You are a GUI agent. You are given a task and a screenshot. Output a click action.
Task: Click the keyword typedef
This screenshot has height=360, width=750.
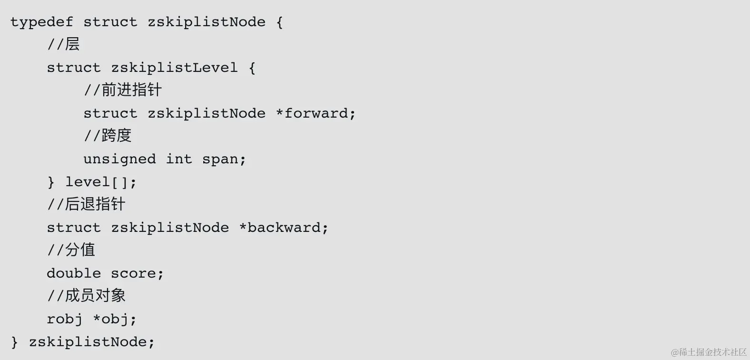[42, 22]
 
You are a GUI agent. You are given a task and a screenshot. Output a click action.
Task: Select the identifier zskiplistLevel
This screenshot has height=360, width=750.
[174, 68]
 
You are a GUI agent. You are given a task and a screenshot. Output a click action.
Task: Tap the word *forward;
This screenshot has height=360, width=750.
[316, 114]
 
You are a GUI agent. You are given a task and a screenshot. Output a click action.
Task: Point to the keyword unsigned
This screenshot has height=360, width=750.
[119, 160]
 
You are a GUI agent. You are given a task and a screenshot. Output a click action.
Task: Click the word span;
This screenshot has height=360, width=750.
[224, 160]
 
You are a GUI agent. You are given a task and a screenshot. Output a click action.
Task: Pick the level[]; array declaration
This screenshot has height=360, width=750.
[101, 182]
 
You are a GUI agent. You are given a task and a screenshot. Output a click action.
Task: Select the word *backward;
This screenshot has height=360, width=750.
[284, 228]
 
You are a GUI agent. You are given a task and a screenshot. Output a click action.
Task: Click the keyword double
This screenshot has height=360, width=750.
[74, 274]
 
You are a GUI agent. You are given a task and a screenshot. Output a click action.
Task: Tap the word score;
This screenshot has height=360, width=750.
[138, 274]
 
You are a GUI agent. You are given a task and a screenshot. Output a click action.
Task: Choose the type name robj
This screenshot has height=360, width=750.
[65, 320]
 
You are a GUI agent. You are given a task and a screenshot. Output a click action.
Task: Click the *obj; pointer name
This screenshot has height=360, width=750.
[115, 320]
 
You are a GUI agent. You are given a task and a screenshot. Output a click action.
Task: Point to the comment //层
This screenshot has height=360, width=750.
[64, 45]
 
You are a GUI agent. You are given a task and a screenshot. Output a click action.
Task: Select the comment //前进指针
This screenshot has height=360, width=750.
[123, 90]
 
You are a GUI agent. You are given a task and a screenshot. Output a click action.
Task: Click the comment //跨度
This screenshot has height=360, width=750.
[108, 136]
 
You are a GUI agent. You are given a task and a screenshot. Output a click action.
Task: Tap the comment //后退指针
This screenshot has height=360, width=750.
[86, 205]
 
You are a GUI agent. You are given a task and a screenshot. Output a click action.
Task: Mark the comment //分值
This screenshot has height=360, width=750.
[71, 250]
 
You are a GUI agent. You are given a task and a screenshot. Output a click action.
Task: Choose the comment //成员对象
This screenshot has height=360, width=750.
[86, 296]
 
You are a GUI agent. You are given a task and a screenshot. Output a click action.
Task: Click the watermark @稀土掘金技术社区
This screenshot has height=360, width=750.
[709, 352]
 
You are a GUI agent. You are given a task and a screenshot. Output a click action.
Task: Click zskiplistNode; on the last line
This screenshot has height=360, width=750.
[92, 342]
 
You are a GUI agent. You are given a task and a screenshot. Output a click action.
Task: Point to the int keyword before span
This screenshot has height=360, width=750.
[179, 160]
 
